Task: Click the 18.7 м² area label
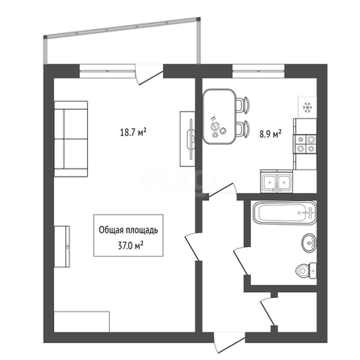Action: click(133, 132)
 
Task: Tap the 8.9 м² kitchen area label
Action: click(270, 134)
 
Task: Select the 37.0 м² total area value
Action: click(130, 246)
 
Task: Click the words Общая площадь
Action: click(128, 230)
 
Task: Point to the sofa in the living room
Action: click(71, 139)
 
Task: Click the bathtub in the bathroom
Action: click(285, 212)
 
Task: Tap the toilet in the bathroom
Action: click(307, 270)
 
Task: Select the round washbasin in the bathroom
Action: click(309, 243)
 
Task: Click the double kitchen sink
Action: click(277, 182)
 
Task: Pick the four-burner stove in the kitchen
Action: click(306, 144)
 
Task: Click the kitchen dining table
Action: click(220, 116)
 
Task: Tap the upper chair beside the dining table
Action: click(243, 105)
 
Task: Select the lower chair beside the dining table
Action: click(243, 128)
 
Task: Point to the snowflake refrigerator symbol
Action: click(308, 107)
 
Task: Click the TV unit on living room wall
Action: click(187, 139)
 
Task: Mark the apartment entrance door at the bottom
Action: click(229, 342)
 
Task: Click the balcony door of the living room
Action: click(149, 74)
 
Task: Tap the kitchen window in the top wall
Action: click(258, 71)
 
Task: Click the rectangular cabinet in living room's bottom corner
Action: click(82, 322)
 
